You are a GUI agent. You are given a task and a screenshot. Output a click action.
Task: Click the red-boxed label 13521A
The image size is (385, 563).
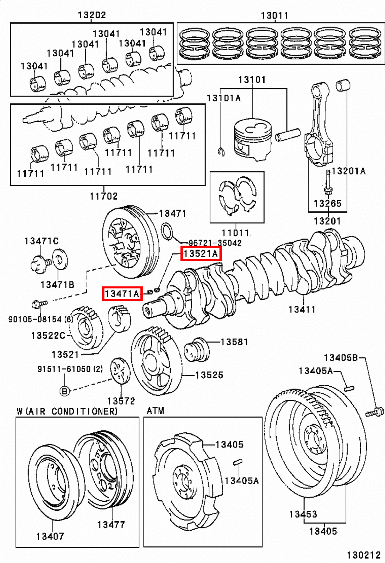[x=201, y=253]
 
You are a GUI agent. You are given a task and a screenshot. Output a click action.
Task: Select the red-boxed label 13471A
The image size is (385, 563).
[x=122, y=293]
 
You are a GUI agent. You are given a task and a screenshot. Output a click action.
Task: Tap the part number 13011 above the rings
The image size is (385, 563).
[x=274, y=15]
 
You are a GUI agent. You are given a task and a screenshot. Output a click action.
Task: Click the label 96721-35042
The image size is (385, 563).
[x=215, y=243]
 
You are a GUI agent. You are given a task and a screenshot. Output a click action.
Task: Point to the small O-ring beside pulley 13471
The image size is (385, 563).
[x=167, y=231]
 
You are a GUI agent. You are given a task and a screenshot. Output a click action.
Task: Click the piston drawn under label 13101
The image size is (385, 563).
[x=253, y=139]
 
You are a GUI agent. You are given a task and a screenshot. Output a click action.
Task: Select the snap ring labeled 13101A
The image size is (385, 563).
[x=221, y=152]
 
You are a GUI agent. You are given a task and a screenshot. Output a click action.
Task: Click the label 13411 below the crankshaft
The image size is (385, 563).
[x=302, y=309]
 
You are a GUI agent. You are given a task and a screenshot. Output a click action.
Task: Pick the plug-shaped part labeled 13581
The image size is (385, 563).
[x=196, y=350]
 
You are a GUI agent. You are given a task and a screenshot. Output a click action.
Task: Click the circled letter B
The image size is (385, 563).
[x=64, y=391]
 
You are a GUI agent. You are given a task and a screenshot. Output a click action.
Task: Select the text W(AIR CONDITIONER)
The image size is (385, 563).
[x=67, y=411]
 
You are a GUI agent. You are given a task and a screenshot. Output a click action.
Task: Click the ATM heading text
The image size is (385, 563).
[x=155, y=411]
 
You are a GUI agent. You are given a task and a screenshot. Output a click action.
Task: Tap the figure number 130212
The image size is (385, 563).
[x=364, y=555]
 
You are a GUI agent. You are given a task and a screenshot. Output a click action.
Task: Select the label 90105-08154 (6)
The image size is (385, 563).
[x=40, y=319]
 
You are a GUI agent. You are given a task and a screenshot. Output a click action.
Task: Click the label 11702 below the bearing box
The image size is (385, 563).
[x=103, y=196]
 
